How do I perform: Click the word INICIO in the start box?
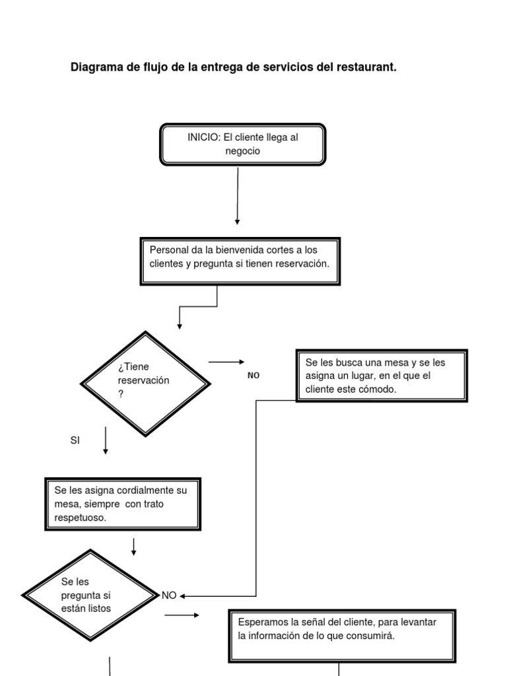point(201,137)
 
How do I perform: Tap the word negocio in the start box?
point(242,151)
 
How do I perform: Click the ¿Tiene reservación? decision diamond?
point(145,383)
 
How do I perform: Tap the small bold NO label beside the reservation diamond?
point(253,375)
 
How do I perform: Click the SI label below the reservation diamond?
point(75,440)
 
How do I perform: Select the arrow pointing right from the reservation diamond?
point(226,362)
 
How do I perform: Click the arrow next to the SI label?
point(106,440)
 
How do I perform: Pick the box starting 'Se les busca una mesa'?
point(382,376)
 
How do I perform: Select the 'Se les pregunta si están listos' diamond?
point(89,595)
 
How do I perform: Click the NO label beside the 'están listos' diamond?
point(169,595)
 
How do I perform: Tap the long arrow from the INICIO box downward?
point(238,195)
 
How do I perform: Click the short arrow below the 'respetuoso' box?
point(134,547)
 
